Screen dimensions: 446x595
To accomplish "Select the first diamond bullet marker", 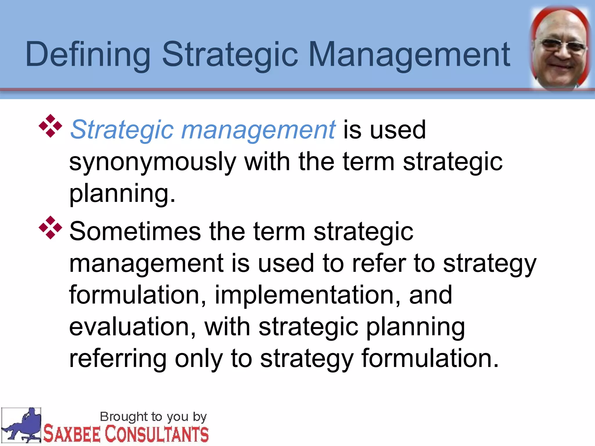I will (x=50, y=126).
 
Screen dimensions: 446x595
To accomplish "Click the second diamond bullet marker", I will (x=50, y=228).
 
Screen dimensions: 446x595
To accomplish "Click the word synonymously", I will (x=152, y=162).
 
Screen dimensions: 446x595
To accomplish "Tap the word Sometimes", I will (x=135, y=231).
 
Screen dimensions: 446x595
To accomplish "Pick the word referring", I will (x=118, y=359).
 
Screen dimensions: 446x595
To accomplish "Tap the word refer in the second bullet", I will (x=379, y=263).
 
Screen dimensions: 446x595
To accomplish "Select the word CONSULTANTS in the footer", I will (x=157, y=434).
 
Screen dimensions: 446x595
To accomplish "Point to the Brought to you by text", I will (x=153, y=417).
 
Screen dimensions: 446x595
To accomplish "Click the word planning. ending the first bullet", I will (x=122, y=194).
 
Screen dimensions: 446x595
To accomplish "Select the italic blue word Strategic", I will (x=122, y=130).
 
